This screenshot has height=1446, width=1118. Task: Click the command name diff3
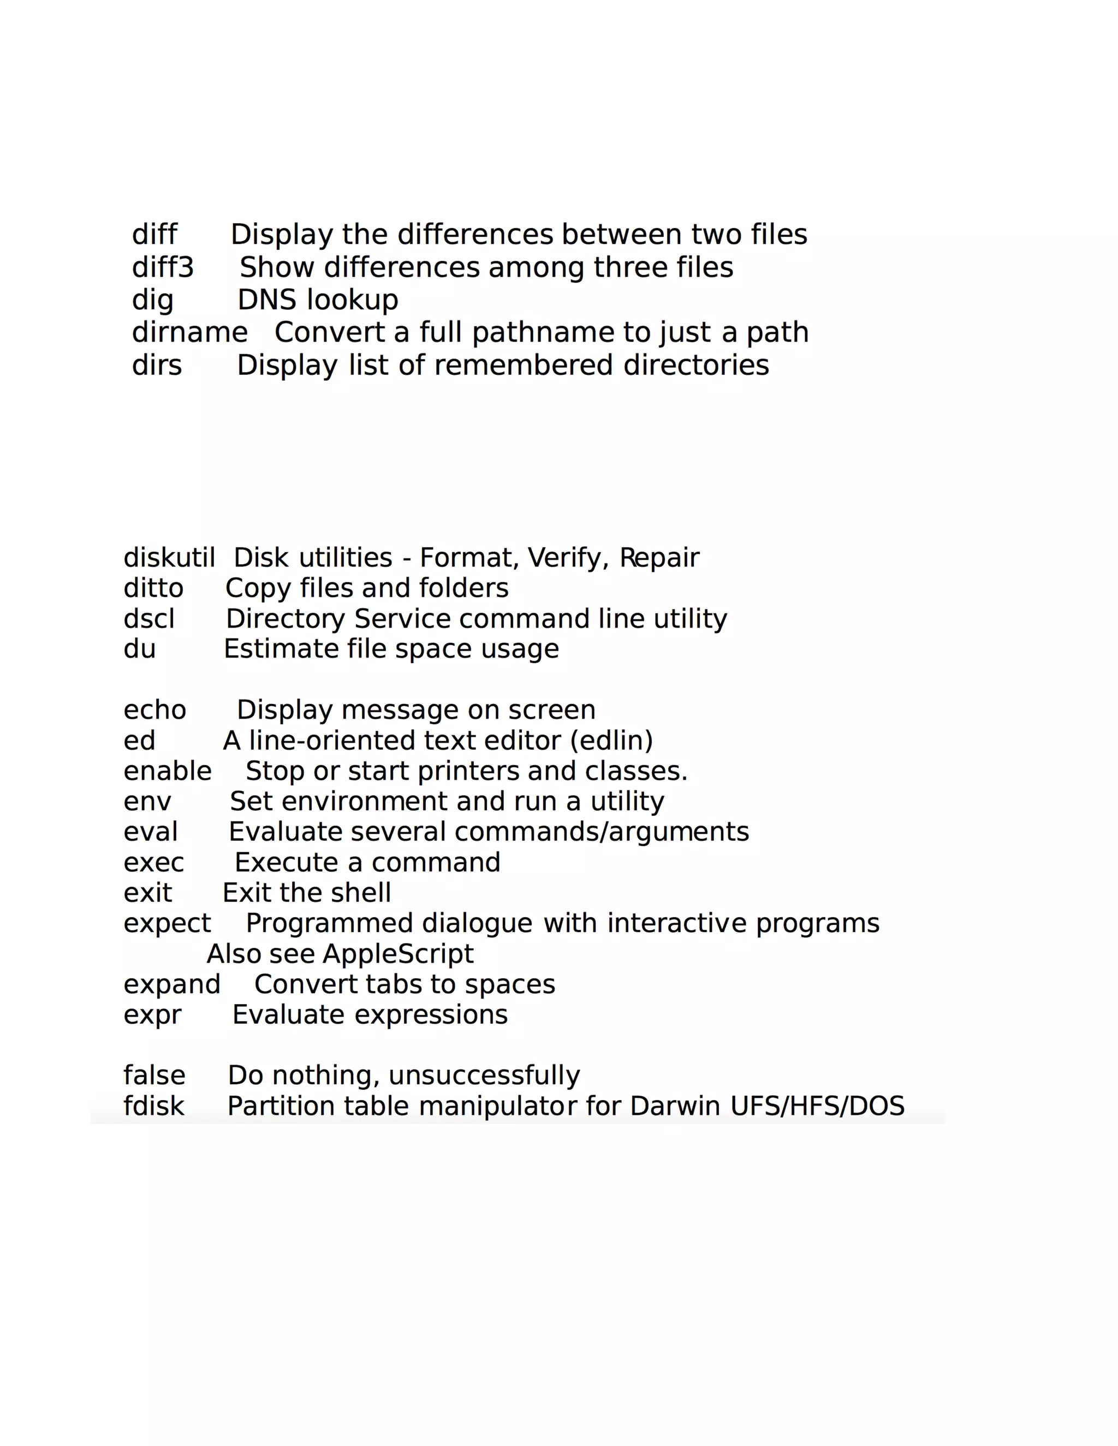click(x=162, y=267)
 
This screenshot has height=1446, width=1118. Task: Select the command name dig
click(x=152, y=301)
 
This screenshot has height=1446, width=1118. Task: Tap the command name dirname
click(x=189, y=332)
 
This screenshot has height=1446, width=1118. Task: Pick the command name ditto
click(x=153, y=588)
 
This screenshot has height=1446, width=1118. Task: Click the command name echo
click(x=155, y=710)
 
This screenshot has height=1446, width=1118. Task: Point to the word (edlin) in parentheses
click(x=611, y=740)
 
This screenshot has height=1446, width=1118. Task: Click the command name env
click(x=147, y=802)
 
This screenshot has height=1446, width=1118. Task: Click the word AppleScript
click(x=398, y=954)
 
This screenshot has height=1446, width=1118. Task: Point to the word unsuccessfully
click(x=484, y=1076)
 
